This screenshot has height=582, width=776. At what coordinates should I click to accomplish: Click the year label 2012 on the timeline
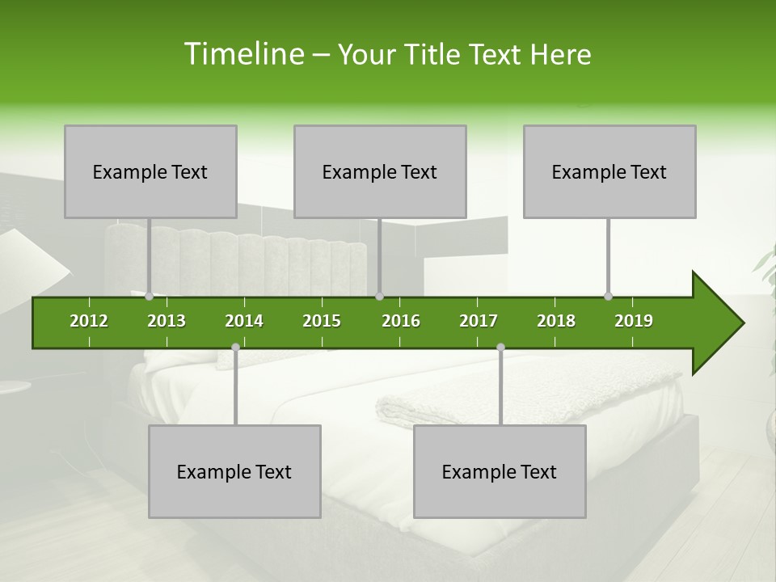89,321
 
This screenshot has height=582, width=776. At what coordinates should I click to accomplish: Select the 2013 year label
167,321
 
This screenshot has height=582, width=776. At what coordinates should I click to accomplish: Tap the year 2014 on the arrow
244,321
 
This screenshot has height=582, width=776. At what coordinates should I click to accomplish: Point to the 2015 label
322,321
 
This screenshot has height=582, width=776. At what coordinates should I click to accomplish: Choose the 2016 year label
401,321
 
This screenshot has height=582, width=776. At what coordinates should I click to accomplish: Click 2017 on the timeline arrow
479,321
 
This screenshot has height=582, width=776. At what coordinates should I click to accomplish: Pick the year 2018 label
556,321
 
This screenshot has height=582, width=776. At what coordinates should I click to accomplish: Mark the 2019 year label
634,321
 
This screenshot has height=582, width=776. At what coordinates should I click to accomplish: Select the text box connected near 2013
150,171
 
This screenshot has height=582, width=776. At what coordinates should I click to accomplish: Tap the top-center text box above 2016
380,171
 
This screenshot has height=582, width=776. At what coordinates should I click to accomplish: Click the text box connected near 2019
609,171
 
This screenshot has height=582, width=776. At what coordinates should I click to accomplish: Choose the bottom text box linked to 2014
234,471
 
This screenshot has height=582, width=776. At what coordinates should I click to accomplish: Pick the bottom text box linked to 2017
500,471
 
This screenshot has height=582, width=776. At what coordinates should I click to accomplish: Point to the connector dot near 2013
150,296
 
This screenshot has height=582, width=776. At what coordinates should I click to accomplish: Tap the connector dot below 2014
235,347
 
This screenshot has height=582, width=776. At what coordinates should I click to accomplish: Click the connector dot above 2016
379,296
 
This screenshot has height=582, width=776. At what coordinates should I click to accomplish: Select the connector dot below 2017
500,347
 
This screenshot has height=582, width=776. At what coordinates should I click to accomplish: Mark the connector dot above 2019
608,296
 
